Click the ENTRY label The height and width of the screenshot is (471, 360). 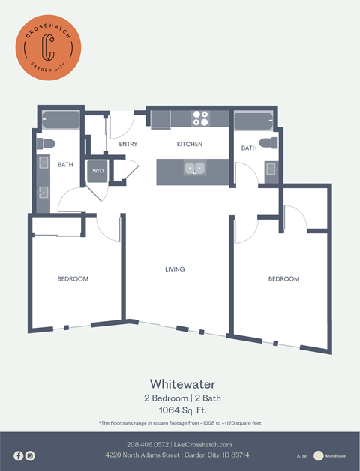pos(127,144)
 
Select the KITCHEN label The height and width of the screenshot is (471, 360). pos(189,144)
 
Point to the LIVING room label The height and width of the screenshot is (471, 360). pos(175,269)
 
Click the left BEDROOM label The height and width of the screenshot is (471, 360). pos(73,279)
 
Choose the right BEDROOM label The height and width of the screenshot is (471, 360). pos(283,279)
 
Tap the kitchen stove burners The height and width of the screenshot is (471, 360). pos(200,118)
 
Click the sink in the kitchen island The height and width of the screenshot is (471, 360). pos(195,169)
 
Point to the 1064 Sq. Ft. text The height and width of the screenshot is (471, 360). pos(179,409)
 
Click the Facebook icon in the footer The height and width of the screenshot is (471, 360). pos(19,455)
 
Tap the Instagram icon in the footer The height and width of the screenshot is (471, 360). pos(30,455)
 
